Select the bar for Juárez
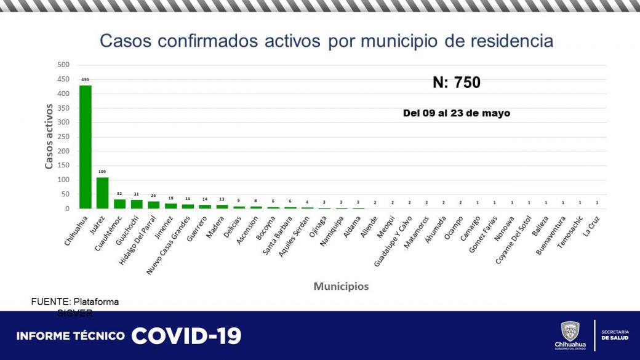(102, 193)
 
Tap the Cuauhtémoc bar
(119, 204)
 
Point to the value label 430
(86, 79)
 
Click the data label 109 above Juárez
(102, 172)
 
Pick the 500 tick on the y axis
(63, 65)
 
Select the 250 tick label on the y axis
(63, 137)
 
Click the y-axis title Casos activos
(49, 137)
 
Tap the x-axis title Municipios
(341, 286)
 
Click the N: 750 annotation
(456, 82)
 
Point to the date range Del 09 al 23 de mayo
(456, 113)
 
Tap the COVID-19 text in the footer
(186, 336)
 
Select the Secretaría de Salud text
(614, 335)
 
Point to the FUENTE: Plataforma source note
(75, 302)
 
